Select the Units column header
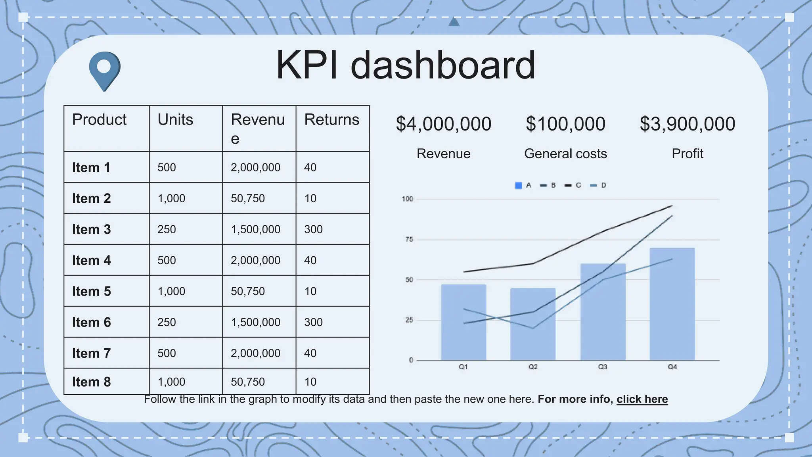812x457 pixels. [x=175, y=120]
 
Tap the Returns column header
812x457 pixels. [x=331, y=120]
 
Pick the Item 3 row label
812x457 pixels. [x=91, y=229]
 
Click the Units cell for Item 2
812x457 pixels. [x=171, y=198]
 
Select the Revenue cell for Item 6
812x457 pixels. [x=255, y=322]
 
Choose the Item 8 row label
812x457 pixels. [x=91, y=382]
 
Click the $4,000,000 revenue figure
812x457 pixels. [x=443, y=124]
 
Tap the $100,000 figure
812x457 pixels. [x=565, y=124]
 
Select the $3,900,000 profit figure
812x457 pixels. [x=687, y=124]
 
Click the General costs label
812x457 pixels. [x=565, y=154]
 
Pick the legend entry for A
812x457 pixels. [x=523, y=185]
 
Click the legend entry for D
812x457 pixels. [x=598, y=185]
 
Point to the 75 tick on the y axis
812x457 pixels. [x=409, y=240]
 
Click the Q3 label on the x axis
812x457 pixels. [x=603, y=367]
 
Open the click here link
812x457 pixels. [x=642, y=399]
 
